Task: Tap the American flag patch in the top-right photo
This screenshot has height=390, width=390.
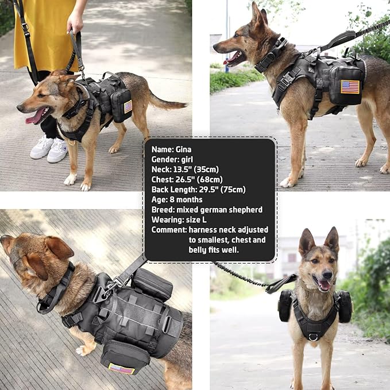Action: click(350, 87)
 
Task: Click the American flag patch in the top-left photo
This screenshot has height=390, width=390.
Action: click(128, 106)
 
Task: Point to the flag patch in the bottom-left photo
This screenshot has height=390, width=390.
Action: click(121, 368)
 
